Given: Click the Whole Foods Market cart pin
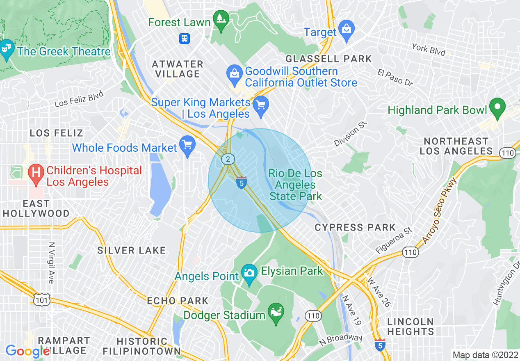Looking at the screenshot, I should [x=188, y=146].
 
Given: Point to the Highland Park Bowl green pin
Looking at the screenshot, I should [x=497, y=109].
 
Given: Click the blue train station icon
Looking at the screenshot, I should [x=185, y=39].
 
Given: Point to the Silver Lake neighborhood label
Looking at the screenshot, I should [x=131, y=250].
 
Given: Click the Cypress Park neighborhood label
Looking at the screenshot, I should [x=355, y=227].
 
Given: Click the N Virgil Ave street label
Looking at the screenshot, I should [x=51, y=263].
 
